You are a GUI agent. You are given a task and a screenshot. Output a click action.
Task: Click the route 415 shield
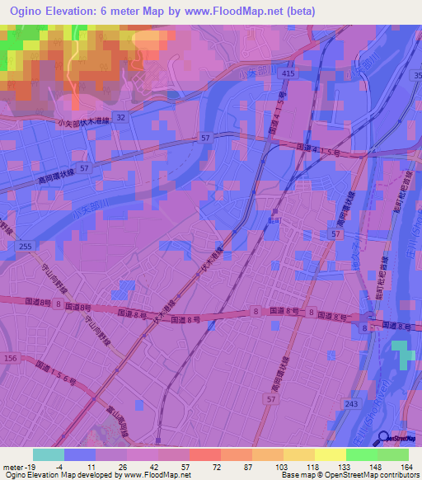point(288,73)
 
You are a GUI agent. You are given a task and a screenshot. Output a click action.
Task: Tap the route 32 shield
point(121,118)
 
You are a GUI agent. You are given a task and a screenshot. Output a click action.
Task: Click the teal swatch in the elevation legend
point(49,454)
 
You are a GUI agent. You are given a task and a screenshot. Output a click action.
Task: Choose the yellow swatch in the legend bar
point(331,454)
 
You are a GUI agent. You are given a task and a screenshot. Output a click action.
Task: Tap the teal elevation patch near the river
point(401,352)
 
